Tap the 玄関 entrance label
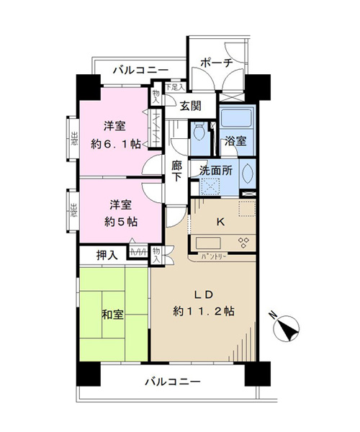click(190, 106)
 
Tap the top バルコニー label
click(141, 70)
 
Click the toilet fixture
click(199, 132)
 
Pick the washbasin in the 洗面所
click(248, 174)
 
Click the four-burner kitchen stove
click(243, 242)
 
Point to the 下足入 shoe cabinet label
click(175, 87)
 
